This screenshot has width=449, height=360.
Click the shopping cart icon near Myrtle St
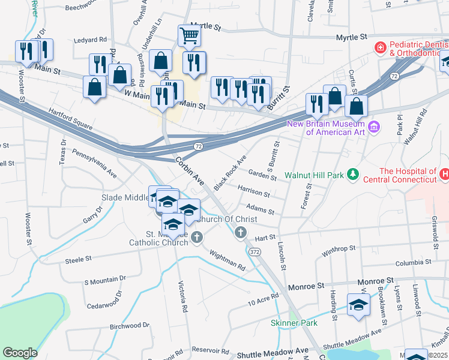[x=189, y=35]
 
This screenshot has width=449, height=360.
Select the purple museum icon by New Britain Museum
[x=374, y=127]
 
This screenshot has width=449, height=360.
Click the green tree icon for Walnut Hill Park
[x=354, y=174]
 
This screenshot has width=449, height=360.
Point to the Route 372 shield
[x=256, y=251]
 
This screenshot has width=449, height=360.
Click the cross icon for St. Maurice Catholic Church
[x=196, y=239]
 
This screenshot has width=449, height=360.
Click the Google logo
[x=20, y=352]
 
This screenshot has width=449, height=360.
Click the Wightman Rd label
[x=228, y=260]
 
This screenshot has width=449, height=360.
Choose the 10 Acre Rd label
[x=264, y=301]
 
